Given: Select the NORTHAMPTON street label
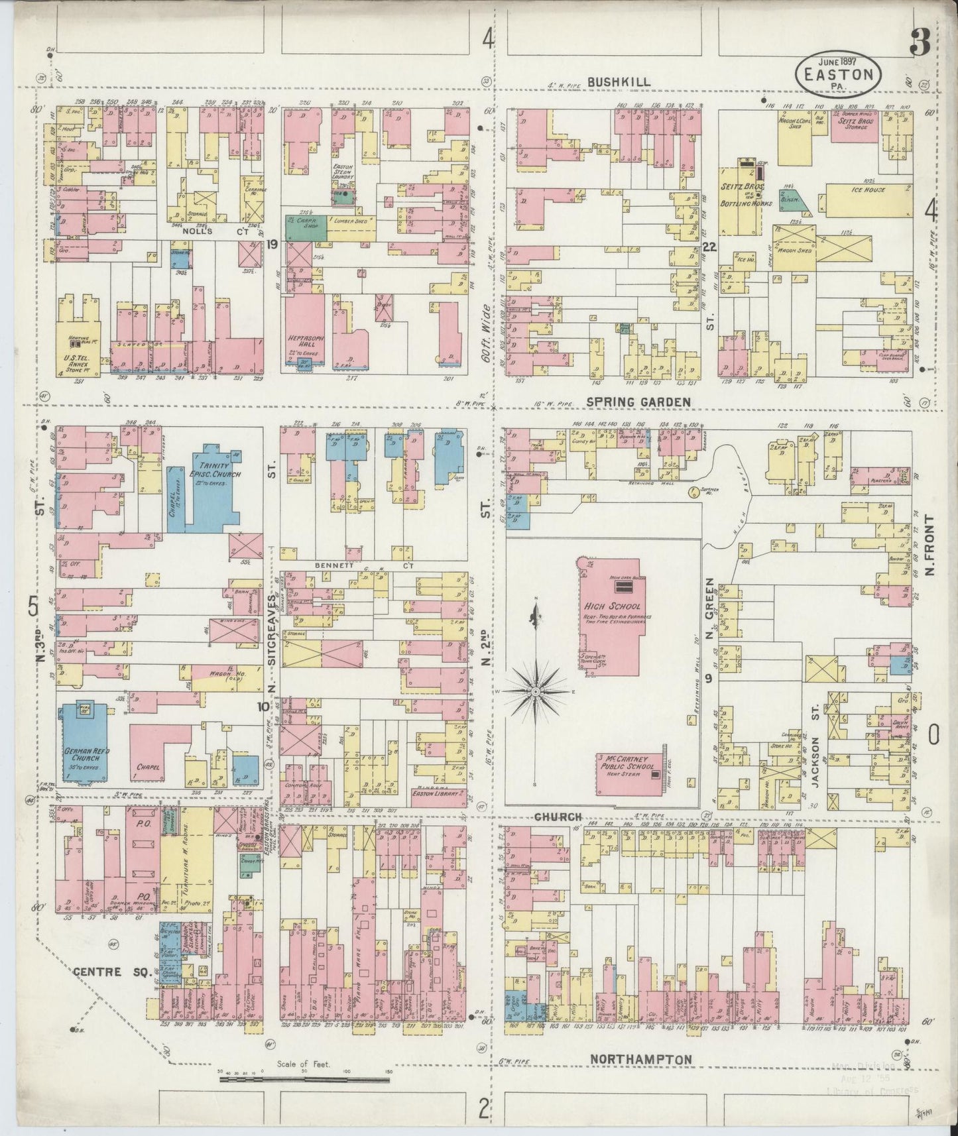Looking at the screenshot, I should point(640,1060).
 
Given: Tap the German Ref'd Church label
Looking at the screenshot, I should point(87,756).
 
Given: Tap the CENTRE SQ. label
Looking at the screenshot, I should point(97,972).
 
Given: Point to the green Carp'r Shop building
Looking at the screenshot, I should point(306,227).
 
